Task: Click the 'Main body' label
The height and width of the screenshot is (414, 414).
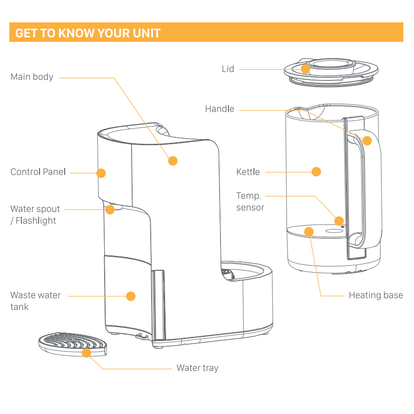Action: coord(32,77)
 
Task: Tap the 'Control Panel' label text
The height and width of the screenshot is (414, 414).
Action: coord(38,172)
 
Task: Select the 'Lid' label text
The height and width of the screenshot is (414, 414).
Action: coord(228,69)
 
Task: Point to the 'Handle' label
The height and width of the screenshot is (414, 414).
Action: coord(220,109)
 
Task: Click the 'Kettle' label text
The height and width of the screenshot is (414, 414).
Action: coord(248,172)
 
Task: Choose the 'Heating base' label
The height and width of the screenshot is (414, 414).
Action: coord(376,295)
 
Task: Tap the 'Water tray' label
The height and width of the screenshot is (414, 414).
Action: coord(198,368)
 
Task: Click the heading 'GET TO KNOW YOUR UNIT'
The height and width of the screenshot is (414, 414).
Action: coord(88,33)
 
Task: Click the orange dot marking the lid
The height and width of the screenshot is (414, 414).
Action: coord(306,69)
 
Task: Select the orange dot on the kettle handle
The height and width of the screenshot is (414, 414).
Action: coord(367,140)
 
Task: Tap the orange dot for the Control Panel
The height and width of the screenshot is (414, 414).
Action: coord(101,173)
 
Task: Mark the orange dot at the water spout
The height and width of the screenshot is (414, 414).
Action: coord(110,210)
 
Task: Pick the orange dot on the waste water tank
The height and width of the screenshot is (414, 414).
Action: coord(131,296)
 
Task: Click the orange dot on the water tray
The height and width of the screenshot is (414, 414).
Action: coord(87,353)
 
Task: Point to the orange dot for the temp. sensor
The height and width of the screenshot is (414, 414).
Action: coord(339,221)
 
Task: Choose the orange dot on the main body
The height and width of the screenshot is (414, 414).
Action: coord(173,161)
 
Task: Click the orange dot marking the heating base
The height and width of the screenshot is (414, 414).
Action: coord(309,232)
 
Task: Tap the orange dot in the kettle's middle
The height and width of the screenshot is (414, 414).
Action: coord(316,172)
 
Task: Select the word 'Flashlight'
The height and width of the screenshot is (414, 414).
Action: coord(36,221)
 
